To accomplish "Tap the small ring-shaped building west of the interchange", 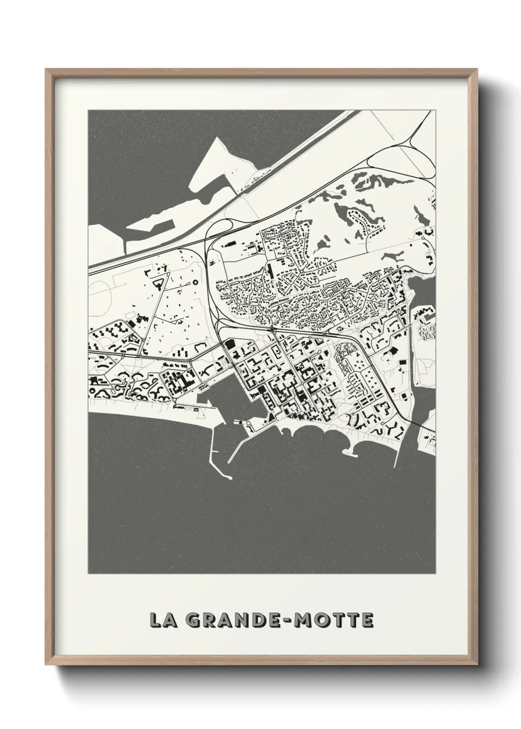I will tap(194, 282).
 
